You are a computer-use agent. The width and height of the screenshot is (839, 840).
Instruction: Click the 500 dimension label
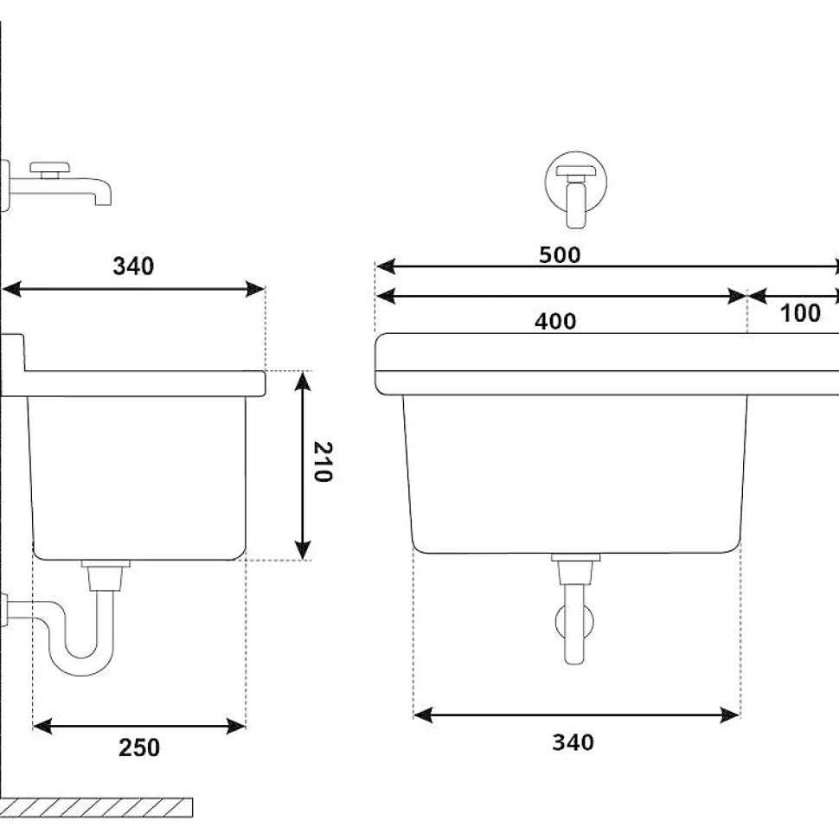pos(560,255)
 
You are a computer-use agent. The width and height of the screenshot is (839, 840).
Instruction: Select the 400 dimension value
pos(554,321)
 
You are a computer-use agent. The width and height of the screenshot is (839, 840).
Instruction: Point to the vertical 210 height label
pos(321,463)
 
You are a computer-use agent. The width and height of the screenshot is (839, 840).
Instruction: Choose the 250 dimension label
pos(139,747)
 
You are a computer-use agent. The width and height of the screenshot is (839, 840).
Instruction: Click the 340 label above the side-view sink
pos(133,266)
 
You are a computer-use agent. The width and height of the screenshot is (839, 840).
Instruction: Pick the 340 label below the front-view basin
pos(573,742)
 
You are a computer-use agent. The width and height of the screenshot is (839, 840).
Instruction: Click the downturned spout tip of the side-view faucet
pos(104,198)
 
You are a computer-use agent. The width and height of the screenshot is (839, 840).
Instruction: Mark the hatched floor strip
pos(96,807)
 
